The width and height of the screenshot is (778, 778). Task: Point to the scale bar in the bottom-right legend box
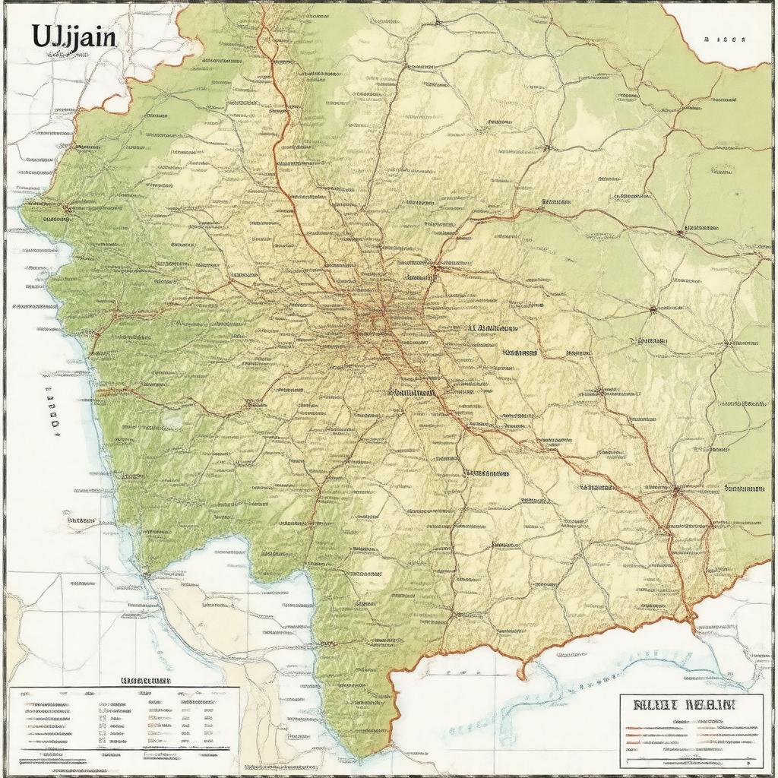[x=690, y=759]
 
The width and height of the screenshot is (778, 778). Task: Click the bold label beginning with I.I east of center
[x=492, y=329]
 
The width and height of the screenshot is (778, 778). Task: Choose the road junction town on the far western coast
[x=67, y=206]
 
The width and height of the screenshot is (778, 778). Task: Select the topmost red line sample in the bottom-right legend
[x=653, y=728]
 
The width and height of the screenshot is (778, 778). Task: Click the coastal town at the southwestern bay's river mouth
[x=146, y=574]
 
